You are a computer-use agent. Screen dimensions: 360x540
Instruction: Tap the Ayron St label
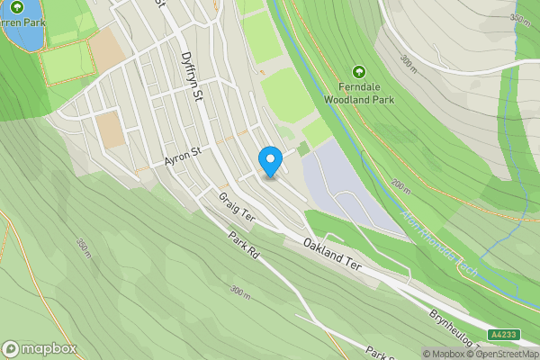[182, 158]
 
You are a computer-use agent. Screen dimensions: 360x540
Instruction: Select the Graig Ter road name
[237, 206]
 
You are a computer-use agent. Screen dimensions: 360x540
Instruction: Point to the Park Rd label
[244, 246]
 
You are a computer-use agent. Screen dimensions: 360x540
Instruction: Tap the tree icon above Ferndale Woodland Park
[359, 72]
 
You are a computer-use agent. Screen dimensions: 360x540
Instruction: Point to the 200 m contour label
[400, 184]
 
